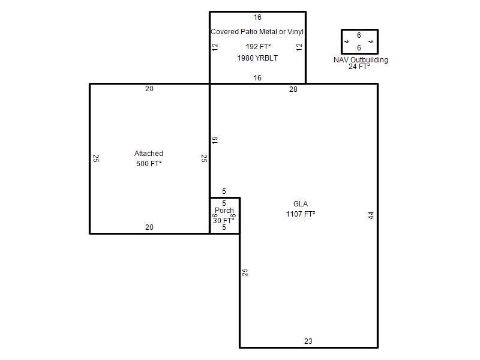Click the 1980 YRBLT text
coord(257,58)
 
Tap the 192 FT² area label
coord(258,47)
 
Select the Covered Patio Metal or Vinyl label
coord(257,32)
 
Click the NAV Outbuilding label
coord(361,59)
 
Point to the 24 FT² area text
coord(359,67)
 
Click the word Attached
coord(149,154)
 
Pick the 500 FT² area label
coord(149,163)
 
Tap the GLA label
coord(301,204)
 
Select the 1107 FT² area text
coord(301,214)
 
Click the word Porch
coord(224,211)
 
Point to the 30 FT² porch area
coord(223,220)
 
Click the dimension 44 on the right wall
coord(371,215)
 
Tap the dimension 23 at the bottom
coord(308,341)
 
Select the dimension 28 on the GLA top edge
coord(293,89)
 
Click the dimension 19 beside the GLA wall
coord(215,140)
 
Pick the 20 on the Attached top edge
coord(149,89)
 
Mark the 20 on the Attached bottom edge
coord(149,227)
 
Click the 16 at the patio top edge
coord(257,17)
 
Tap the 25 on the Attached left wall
coord(96,158)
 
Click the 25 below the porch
coord(245,272)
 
